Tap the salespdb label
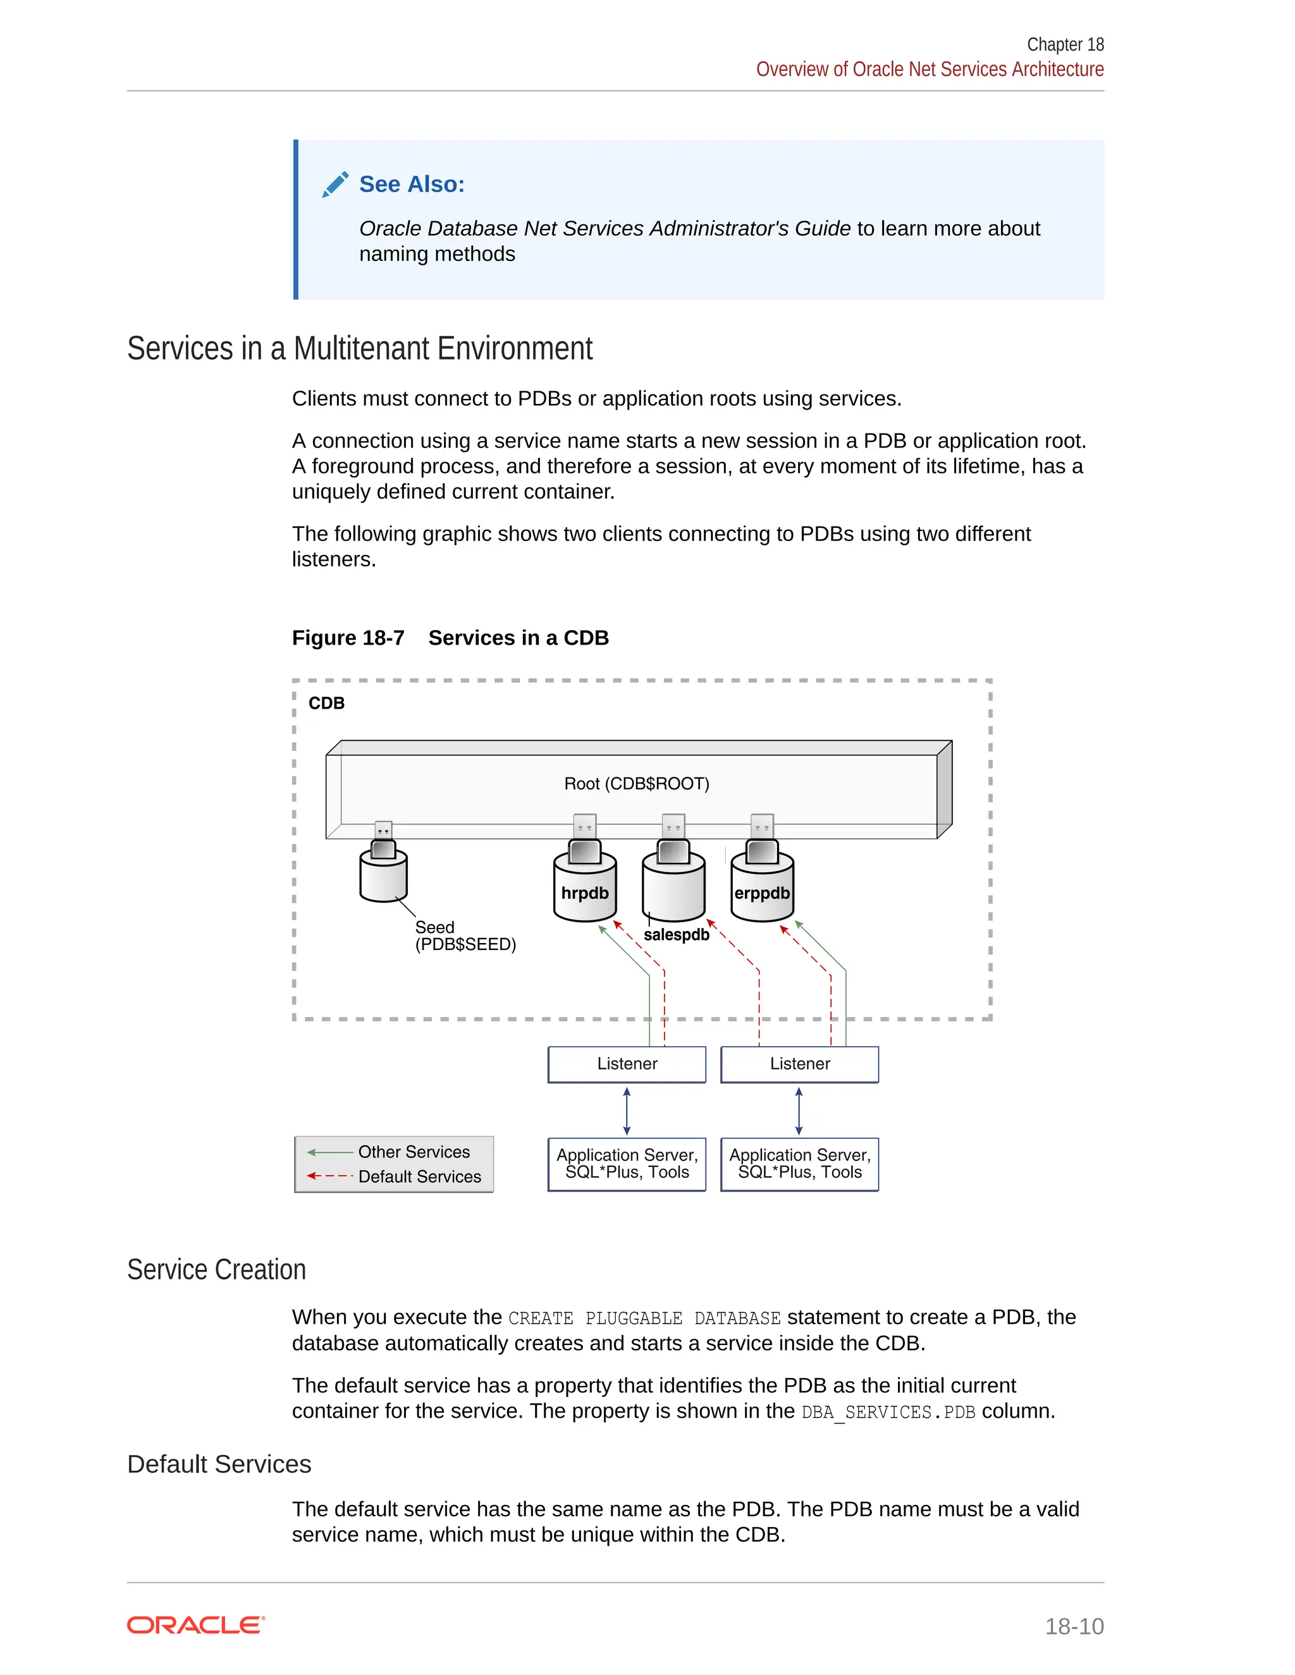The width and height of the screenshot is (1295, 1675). tap(676, 935)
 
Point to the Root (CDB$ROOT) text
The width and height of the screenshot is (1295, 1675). tap(637, 784)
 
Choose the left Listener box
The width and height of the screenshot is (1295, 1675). tap(627, 1064)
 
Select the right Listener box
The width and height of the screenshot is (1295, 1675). tap(799, 1064)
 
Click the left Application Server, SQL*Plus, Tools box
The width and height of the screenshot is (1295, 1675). tap(627, 1164)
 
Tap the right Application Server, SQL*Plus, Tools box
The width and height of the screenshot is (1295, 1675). tap(799, 1164)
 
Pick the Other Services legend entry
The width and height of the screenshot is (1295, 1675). tap(414, 1152)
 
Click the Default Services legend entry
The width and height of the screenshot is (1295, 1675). tap(419, 1176)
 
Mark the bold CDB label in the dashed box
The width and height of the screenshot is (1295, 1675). tap(326, 703)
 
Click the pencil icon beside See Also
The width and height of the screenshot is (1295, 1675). tap(335, 184)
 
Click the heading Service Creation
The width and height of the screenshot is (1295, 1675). tap(216, 1270)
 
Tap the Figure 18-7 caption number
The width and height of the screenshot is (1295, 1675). tap(348, 638)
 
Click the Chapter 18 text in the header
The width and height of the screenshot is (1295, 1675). tap(1065, 44)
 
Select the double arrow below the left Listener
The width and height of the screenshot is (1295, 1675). tap(627, 1111)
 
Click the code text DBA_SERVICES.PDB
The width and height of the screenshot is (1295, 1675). tap(888, 1412)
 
